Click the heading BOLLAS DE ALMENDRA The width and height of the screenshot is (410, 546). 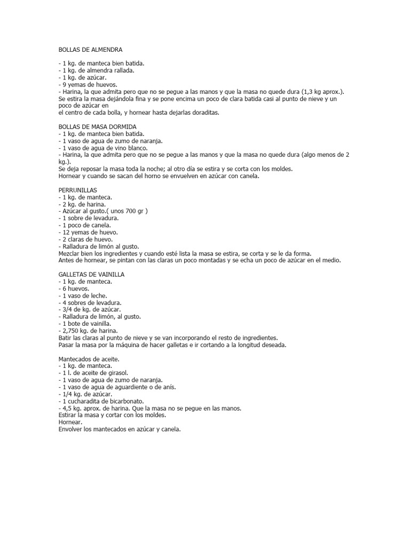click(90, 50)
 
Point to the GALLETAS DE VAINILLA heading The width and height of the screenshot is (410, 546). click(91, 274)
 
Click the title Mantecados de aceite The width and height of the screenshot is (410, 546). click(89, 359)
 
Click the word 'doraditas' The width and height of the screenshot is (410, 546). click(203, 113)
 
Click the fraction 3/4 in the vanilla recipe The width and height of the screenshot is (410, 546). click(67, 309)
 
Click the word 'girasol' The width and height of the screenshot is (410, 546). click(118, 373)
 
